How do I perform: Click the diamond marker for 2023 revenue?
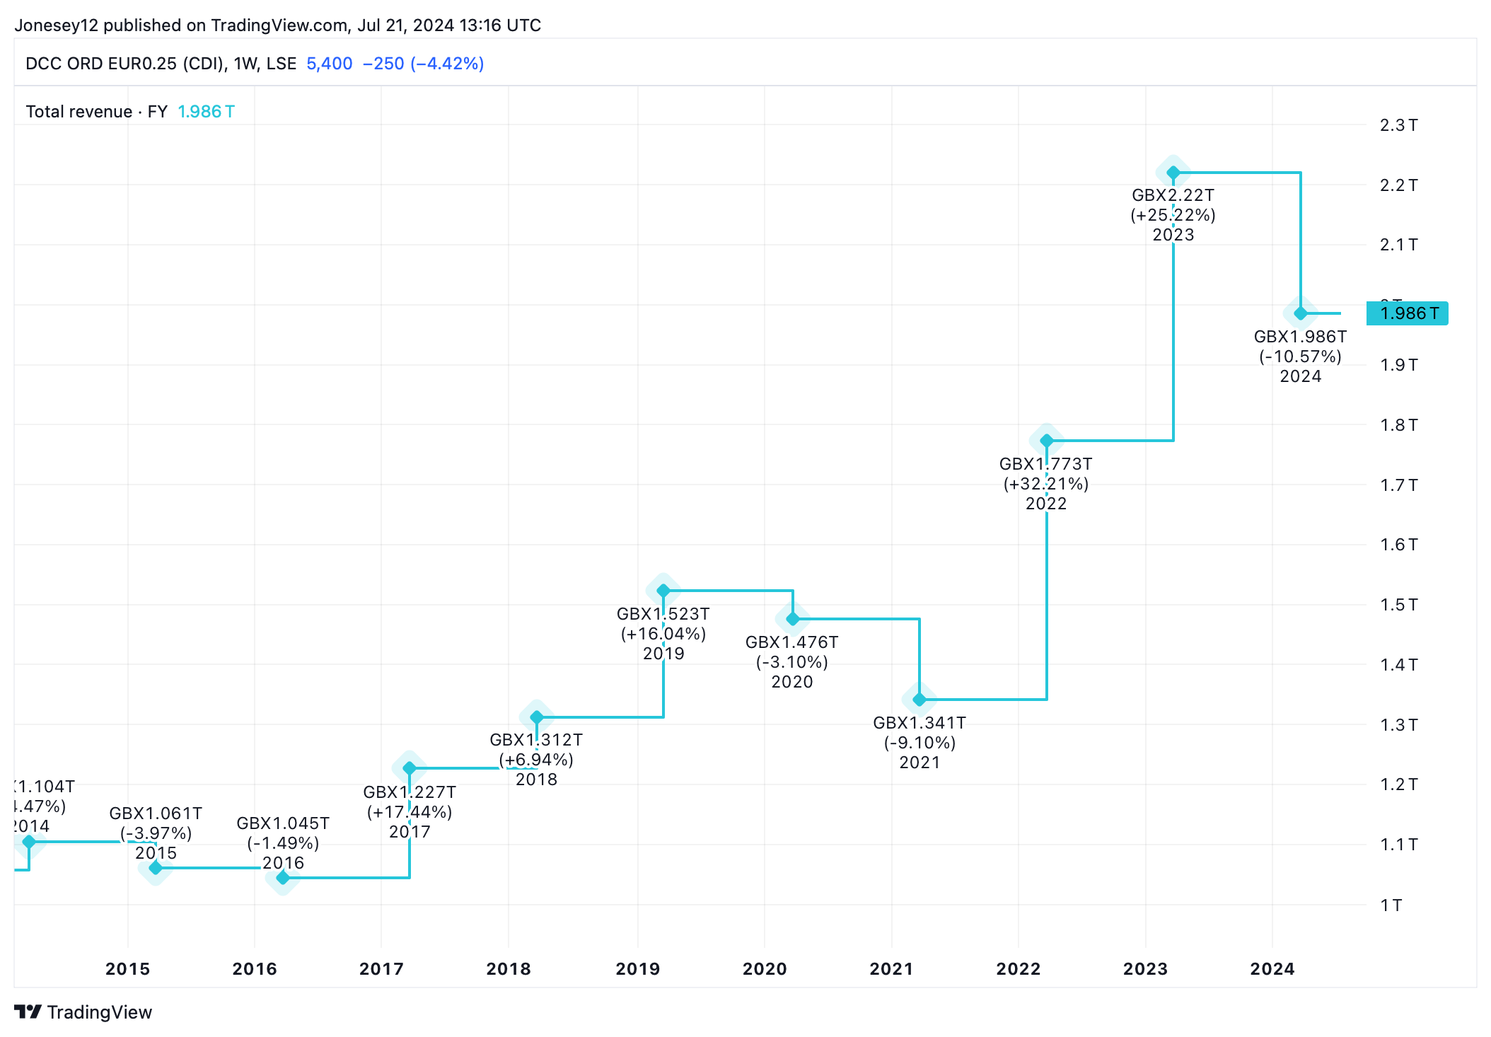point(1173,173)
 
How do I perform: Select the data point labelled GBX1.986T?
point(1300,313)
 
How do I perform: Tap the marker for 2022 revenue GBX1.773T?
point(1046,441)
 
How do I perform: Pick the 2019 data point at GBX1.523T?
point(663,591)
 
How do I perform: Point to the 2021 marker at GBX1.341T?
point(919,700)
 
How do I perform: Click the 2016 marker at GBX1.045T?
point(283,878)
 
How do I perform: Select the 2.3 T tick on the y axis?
point(1398,125)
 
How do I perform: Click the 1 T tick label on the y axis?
point(1391,905)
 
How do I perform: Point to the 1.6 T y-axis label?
point(1398,545)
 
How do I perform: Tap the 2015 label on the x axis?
point(127,968)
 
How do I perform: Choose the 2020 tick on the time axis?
point(765,968)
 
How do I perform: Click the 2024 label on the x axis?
point(1272,968)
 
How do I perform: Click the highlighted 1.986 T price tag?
point(1408,313)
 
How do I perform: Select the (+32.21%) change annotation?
point(1046,484)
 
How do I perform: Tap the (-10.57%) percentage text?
point(1300,357)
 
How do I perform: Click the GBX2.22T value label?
point(1173,195)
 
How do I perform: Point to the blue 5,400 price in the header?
point(329,64)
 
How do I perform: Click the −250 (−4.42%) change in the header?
point(423,64)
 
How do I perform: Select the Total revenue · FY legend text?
point(96,112)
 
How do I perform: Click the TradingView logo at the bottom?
point(83,1012)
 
